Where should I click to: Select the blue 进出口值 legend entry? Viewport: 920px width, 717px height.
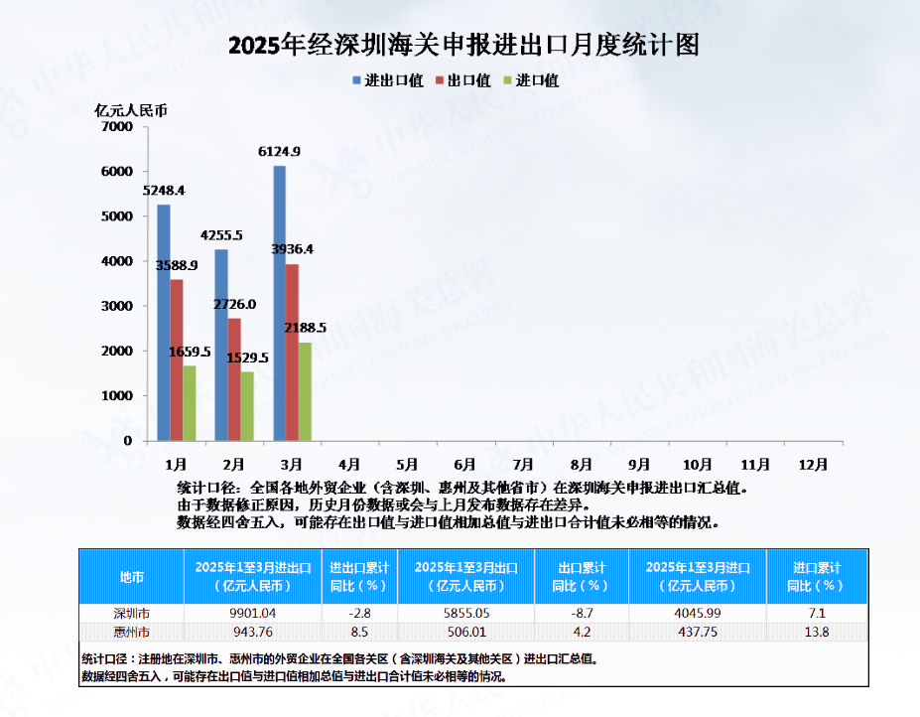(388, 80)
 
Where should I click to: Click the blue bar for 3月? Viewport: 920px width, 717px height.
(280, 303)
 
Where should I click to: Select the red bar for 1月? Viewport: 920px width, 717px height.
(177, 359)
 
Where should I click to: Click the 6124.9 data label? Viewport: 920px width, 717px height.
(279, 151)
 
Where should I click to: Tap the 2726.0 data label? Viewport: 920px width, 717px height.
(235, 304)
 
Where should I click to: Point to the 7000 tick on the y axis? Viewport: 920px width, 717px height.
(117, 127)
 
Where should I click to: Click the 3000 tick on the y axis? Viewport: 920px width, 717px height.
(117, 306)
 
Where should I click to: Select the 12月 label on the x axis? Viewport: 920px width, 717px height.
(813, 464)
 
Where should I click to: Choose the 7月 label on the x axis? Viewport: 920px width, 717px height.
(524, 464)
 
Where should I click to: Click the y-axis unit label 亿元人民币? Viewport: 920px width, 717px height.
(131, 109)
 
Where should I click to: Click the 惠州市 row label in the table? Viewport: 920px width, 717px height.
(131, 632)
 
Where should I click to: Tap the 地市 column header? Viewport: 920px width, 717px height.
(131, 576)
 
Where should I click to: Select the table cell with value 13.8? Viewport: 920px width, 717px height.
(818, 632)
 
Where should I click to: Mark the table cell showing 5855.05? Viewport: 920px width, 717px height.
(465, 613)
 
